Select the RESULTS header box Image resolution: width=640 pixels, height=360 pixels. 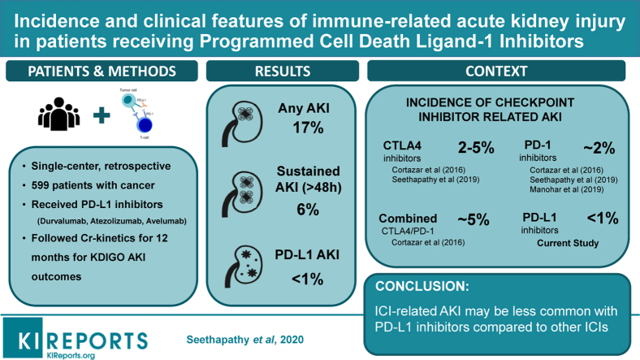[283, 72]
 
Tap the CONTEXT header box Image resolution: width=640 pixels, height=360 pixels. [498, 72]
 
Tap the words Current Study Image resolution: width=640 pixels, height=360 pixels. [569, 242]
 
